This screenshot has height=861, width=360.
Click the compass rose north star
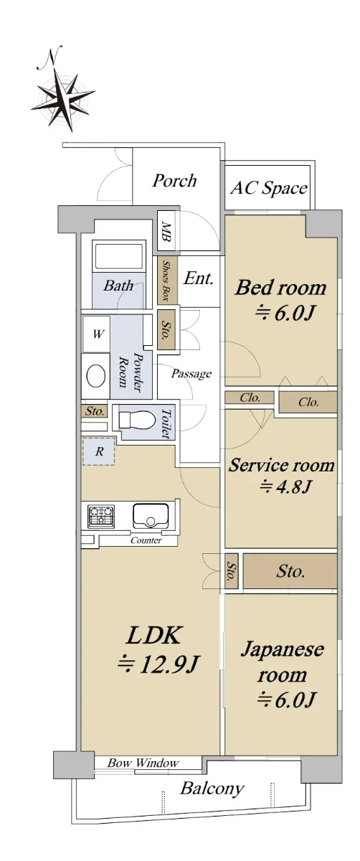(x=62, y=98)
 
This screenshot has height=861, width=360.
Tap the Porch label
(x=174, y=180)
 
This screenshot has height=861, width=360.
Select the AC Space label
(x=268, y=188)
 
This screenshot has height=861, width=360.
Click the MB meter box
(x=166, y=232)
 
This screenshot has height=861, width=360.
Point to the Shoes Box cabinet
(x=167, y=279)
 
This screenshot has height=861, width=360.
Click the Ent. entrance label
(x=198, y=278)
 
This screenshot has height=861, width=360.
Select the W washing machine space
(x=97, y=334)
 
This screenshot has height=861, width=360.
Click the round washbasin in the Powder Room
(x=96, y=375)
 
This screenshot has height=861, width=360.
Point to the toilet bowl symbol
(x=136, y=420)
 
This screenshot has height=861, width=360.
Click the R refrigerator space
(x=99, y=451)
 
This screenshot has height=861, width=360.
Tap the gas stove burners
(x=101, y=515)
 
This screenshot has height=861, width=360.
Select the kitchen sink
(x=150, y=516)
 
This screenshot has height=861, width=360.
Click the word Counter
(x=146, y=540)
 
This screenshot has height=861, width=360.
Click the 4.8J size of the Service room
(x=285, y=486)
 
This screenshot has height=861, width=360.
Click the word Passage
(x=191, y=374)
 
